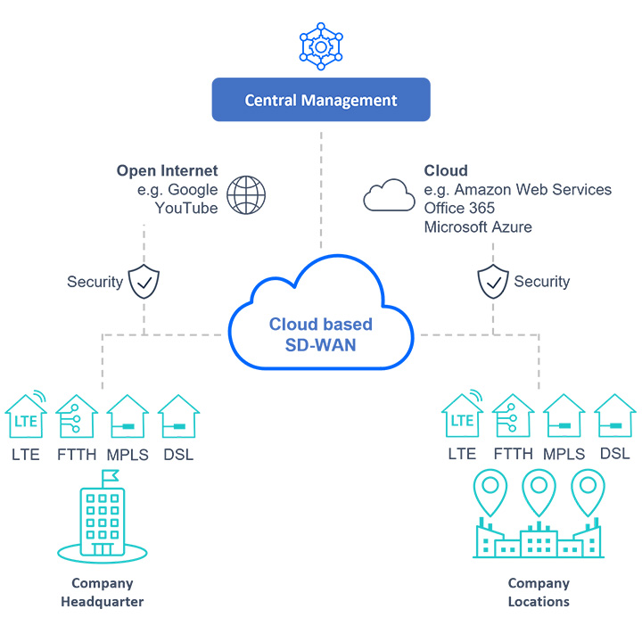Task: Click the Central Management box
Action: click(x=321, y=100)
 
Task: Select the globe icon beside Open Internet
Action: click(x=246, y=194)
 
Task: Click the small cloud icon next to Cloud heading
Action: click(x=389, y=194)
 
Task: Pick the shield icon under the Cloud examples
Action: click(x=493, y=281)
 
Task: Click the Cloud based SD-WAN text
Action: click(x=321, y=333)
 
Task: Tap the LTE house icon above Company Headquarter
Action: click(x=27, y=415)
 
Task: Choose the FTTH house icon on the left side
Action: click(x=76, y=416)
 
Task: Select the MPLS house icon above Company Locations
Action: click(x=564, y=416)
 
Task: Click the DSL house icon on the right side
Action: click(x=614, y=416)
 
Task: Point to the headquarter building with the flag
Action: click(x=101, y=517)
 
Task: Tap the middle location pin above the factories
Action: click(x=539, y=492)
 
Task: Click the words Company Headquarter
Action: click(x=102, y=592)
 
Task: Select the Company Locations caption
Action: click(x=539, y=592)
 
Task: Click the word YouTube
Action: click(x=186, y=208)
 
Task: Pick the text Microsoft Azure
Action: click(x=478, y=227)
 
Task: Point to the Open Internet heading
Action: click(x=167, y=170)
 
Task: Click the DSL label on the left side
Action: click(x=177, y=454)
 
